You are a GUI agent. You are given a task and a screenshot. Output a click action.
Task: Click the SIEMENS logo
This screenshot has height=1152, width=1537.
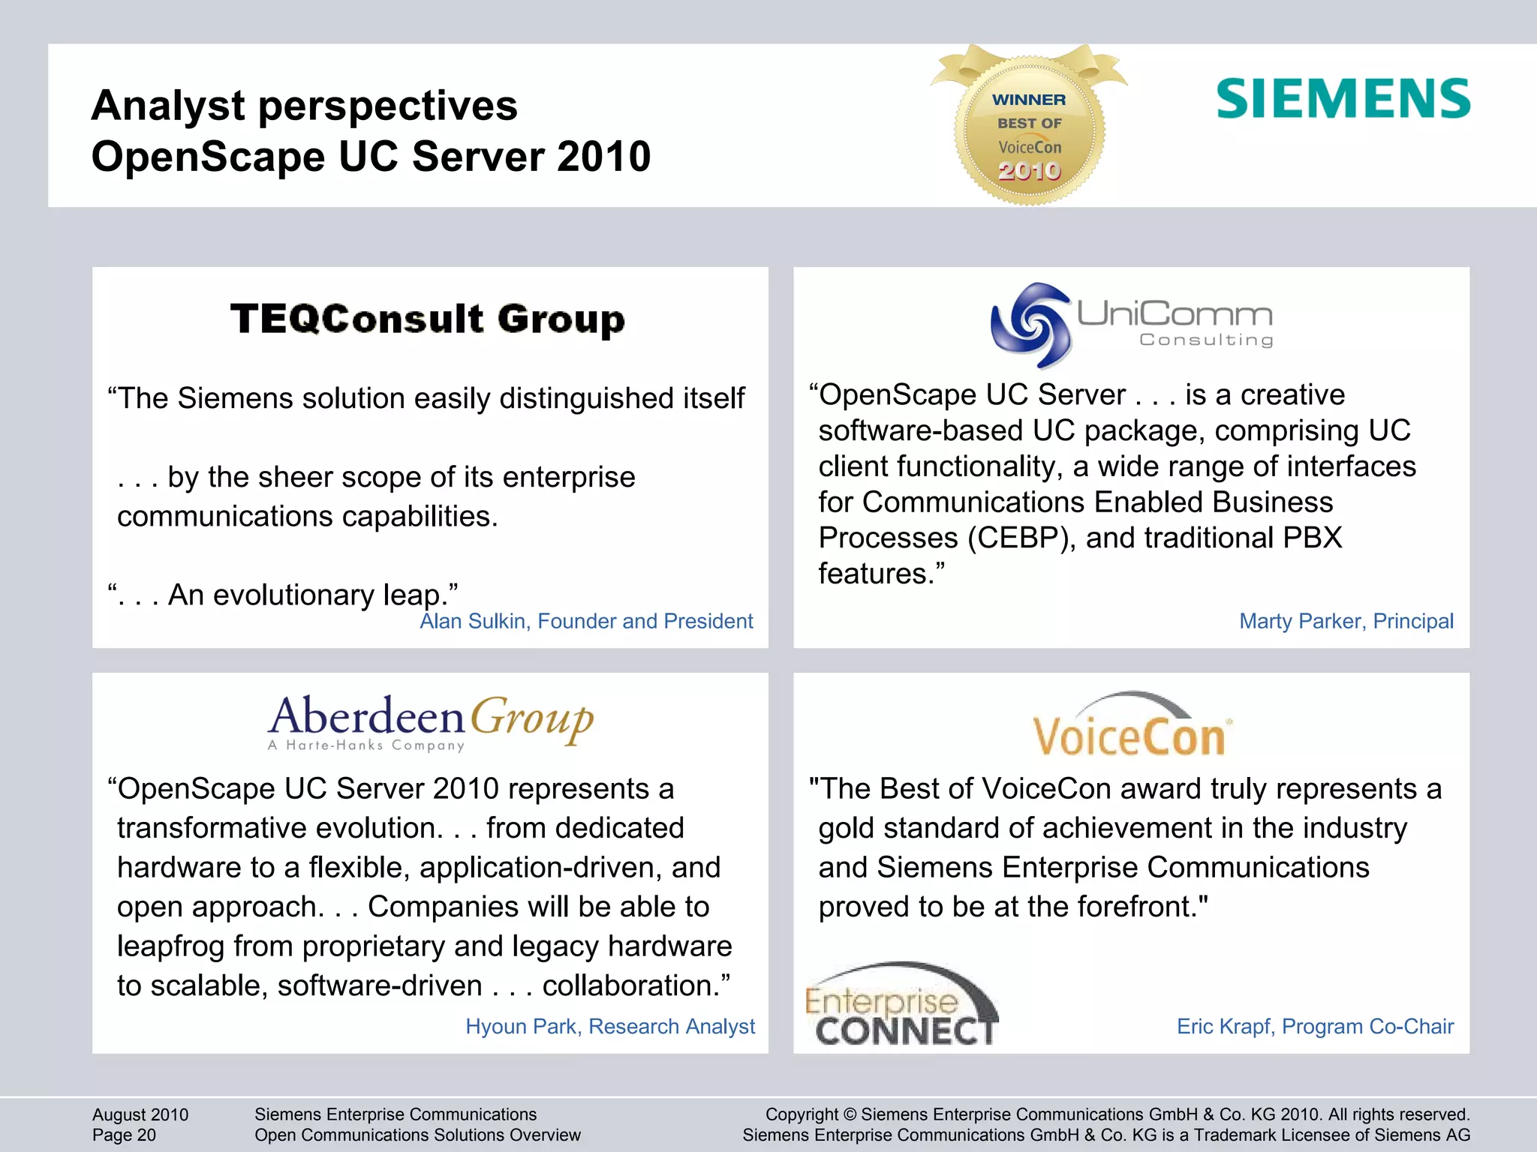pos(1343,99)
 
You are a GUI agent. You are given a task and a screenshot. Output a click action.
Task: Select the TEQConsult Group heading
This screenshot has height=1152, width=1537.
pos(427,319)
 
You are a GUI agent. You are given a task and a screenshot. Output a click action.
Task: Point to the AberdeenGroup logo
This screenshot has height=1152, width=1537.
pos(430,721)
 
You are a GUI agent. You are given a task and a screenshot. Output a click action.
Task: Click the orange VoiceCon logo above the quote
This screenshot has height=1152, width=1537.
pos(1130,728)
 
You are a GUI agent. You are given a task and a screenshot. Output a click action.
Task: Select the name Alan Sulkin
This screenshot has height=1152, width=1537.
pos(473,621)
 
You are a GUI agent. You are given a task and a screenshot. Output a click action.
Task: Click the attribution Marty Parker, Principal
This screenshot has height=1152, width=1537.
pos(1346,621)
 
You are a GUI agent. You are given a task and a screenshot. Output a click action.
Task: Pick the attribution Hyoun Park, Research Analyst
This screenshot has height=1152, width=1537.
pos(609,1026)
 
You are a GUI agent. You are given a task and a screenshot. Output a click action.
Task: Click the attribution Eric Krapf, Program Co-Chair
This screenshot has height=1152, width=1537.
pos(1315,1026)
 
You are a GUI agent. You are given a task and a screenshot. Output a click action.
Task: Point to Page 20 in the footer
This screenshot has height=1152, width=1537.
pos(124,1135)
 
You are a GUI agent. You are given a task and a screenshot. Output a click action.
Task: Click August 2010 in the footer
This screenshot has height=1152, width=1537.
pos(140,1114)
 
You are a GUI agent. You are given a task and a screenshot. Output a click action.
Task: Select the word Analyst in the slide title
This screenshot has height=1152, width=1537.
pos(167,105)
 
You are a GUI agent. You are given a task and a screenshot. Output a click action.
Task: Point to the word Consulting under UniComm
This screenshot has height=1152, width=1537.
pos(1206,340)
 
